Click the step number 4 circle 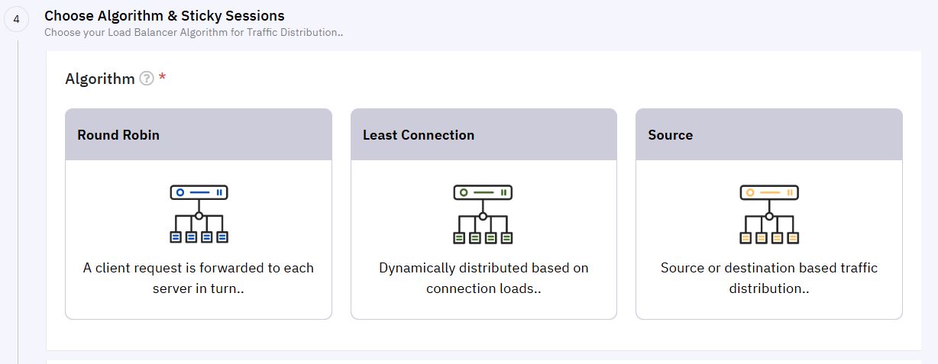point(16,19)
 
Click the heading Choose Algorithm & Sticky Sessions point(164,16)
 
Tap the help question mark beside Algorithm point(147,79)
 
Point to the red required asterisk point(163,76)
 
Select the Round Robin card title point(118,135)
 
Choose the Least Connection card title point(419,135)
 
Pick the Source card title point(671,135)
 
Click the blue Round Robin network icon point(199,214)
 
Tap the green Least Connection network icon point(483,214)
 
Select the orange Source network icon point(769,214)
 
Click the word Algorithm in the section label point(99,79)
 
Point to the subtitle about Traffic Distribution point(193,32)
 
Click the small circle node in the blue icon point(199,216)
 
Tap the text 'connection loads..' point(484,288)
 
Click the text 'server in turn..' point(198,288)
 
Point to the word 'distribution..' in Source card point(769,288)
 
